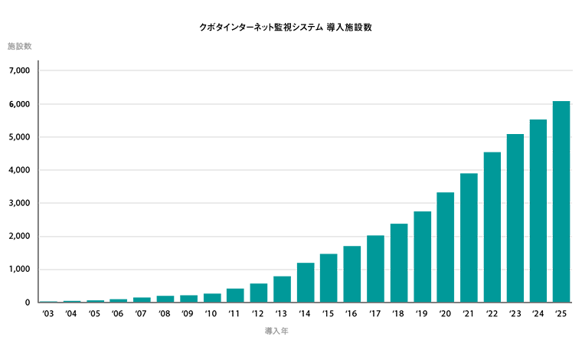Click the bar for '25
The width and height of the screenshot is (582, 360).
click(561, 202)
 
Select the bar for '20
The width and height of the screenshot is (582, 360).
click(445, 247)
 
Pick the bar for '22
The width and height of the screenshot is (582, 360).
click(492, 227)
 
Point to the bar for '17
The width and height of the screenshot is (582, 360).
click(375, 269)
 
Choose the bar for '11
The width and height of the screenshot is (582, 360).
click(235, 296)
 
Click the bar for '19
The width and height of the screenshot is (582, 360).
click(422, 257)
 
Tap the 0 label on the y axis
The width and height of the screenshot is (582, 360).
click(26, 303)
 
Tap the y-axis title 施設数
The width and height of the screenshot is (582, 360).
click(19, 47)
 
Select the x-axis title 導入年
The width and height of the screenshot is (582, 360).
click(276, 332)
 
